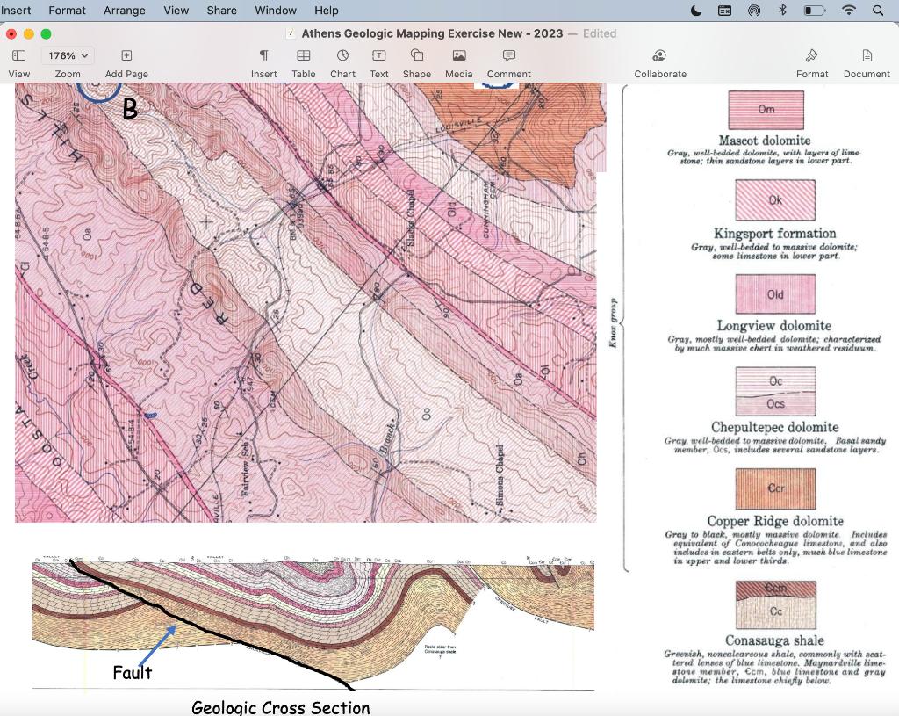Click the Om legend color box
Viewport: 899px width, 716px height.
coord(766,111)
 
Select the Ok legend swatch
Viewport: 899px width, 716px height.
coord(775,200)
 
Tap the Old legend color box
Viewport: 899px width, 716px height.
coord(775,295)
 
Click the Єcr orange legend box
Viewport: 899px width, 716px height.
coord(775,488)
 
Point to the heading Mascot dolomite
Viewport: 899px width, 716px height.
coord(764,141)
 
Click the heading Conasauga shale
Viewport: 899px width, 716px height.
coord(774,640)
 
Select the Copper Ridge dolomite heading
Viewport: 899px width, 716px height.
coord(775,521)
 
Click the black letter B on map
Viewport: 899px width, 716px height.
coord(130,110)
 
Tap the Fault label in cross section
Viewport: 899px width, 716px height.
coord(132,673)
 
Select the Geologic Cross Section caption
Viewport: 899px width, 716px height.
coord(281,707)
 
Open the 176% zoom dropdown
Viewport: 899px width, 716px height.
coord(68,55)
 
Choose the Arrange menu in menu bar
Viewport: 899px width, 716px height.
coord(125,11)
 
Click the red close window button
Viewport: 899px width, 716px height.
coord(11,33)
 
